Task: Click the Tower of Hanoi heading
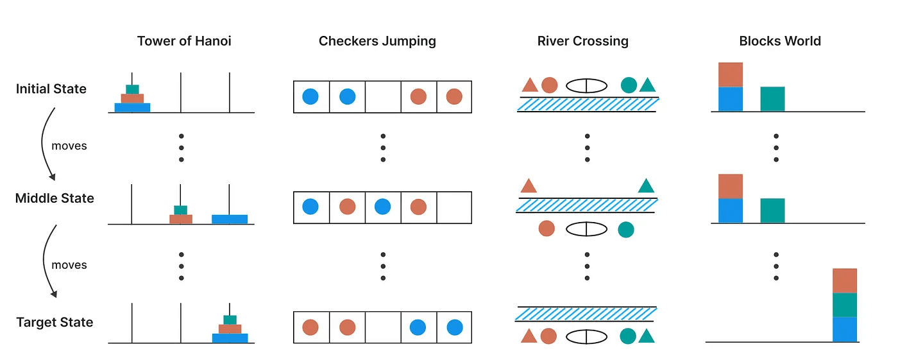tap(184, 41)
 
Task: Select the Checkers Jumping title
tap(377, 41)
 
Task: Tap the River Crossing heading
tap(583, 41)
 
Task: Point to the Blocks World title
tap(780, 41)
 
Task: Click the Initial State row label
tap(51, 89)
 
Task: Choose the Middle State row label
tap(55, 198)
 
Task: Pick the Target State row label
tap(55, 322)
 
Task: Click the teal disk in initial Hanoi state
tap(132, 89)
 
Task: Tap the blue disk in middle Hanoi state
tap(230, 219)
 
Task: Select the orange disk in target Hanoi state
tap(230, 329)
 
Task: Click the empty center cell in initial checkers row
tap(383, 97)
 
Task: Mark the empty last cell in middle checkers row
tap(454, 207)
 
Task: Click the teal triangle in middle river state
tap(646, 186)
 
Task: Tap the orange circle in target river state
tap(548, 336)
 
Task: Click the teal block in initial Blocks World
tap(772, 99)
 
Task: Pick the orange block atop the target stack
tap(845, 280)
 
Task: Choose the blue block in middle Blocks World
tap(731, 210)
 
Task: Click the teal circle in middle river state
tap(626, 230)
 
